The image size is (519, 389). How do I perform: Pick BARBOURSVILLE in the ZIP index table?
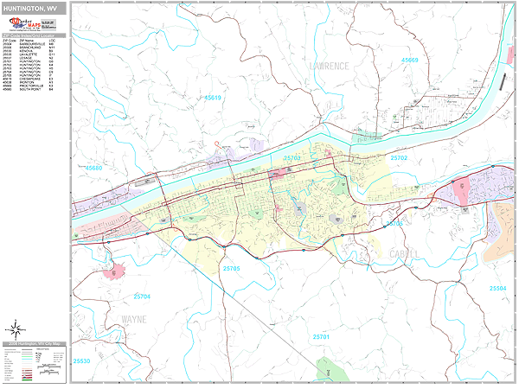(31, 45)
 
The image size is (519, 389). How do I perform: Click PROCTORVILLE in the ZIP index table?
(32, 85)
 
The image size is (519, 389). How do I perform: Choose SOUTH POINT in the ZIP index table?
(30, 89)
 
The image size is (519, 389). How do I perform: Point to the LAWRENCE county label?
(330, 66)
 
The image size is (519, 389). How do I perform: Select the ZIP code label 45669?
(409, 60)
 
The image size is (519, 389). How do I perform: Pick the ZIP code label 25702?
(398, 159)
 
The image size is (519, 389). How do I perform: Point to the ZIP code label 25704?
(142, 297)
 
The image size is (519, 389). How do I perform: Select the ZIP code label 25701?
(321, 335)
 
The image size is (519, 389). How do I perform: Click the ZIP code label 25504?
(497, 288)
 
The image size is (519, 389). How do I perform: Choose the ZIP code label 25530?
(83, 360)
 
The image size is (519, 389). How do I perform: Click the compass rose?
(15, 328)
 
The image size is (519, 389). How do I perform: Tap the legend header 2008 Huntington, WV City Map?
(35, 345)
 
